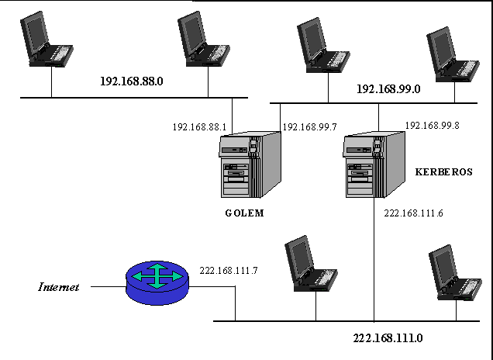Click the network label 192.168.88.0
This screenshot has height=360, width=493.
[132, 80]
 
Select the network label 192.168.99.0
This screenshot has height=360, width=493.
[388, 89]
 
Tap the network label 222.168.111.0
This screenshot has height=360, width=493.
[388, 337]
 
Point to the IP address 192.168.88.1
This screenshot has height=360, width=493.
[199, 126]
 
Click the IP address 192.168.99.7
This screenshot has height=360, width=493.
[309, 126]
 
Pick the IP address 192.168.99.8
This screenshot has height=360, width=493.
[432, 125]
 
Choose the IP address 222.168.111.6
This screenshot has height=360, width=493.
[413, 212]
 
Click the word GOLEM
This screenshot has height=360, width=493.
[240, 213]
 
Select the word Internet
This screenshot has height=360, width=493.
[59, 287]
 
